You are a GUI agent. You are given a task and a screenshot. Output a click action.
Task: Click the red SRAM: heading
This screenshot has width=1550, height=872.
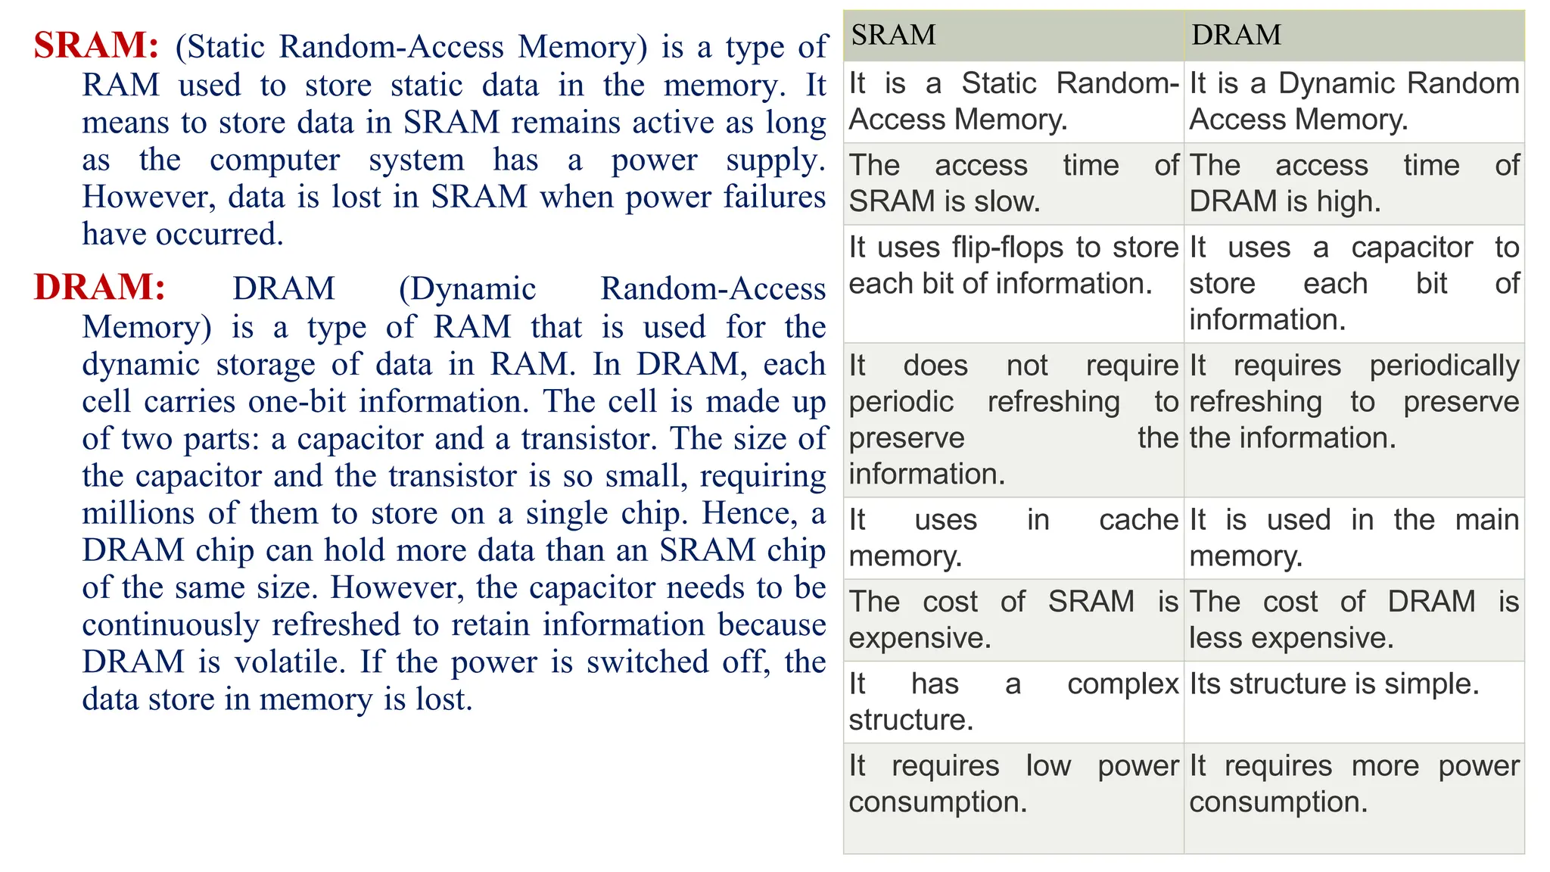click(x=96, y=45)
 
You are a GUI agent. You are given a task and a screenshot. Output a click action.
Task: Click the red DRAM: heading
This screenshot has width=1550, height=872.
click(x=99, y=288)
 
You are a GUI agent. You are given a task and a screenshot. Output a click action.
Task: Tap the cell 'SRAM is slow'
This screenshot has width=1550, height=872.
click(x=1013, y=183)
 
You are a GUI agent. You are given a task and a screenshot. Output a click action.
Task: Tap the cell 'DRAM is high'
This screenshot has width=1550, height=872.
click(x=1354, y=183)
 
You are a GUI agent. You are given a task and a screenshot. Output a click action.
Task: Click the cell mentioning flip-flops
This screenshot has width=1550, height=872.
click(x=1013, y=266)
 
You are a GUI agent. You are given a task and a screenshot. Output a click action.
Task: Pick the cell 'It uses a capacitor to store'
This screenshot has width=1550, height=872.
click(x=1354, y=283)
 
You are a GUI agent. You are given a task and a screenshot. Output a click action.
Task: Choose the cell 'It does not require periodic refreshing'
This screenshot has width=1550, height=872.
click(x=1013, y=419)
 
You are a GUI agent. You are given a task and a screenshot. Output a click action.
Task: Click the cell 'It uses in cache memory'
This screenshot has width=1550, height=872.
click(x=1013, y=537)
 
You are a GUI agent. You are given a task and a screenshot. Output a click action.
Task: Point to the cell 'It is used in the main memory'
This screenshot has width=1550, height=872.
click(x=1354, y=537)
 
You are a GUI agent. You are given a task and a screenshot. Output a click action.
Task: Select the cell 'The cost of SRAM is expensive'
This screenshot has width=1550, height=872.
click(x=1013, y=620)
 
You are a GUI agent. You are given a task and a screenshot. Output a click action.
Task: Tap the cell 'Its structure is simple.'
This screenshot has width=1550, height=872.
click(x=1334, y=684)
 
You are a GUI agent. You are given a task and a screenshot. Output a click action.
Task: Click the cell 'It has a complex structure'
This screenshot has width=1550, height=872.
click(x=1013, y=702)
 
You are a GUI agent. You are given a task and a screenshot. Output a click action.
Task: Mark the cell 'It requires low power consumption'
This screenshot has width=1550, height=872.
click(x=1013, y=783)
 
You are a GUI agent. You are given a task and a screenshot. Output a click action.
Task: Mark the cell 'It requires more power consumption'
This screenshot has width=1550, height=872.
click(x=1354, y=783)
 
